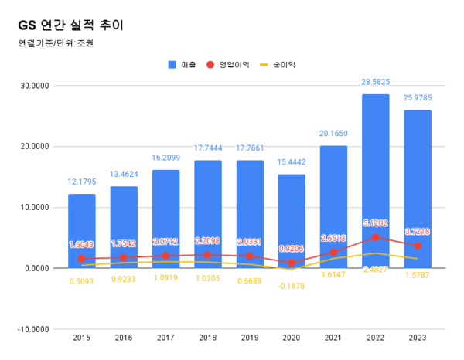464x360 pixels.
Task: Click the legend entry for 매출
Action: point(183,65)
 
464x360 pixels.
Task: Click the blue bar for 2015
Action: point(82,232)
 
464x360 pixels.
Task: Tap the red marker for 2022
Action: point(376,237)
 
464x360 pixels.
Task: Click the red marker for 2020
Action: point(292,263)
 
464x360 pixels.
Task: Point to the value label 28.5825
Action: point(376,82)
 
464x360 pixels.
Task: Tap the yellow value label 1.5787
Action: point(418,275)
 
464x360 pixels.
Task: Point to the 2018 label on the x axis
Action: point(207,338)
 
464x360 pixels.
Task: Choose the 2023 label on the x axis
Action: point(418,338)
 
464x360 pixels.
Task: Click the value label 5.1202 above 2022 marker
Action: point(376,223)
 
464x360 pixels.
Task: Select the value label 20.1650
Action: point(334,133)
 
